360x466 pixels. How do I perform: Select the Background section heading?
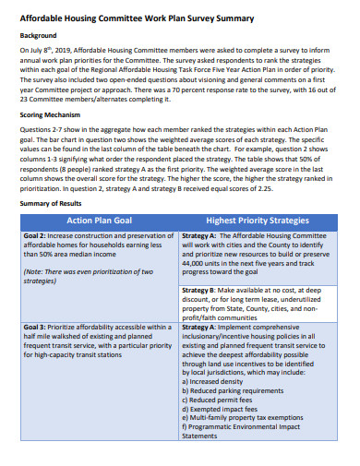pyautogui.click(x=40, y=36)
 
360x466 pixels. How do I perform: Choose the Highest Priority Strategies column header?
pyautogui.click(x=258, y=221)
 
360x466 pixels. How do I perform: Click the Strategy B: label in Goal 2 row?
pyautogui.click(x=204, y=290)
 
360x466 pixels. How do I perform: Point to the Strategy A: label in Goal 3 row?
pyautogui.click(x=204, y=327)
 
